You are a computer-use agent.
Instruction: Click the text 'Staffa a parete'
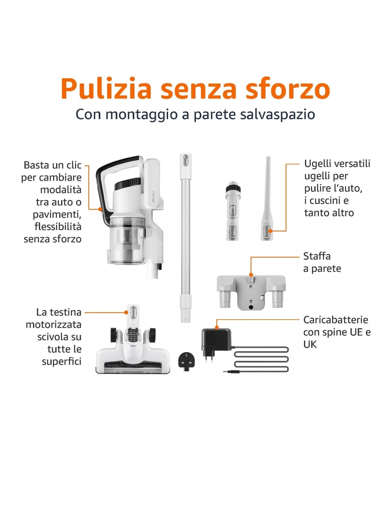pos(322,262)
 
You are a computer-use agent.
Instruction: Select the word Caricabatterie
pos(336,320)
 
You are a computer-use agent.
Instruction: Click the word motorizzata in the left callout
pos(54,325)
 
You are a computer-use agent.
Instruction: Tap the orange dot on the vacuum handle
pos(100,209)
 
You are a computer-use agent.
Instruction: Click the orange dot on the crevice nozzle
pos(270,231)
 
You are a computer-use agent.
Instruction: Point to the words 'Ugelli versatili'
pos(337,164)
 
